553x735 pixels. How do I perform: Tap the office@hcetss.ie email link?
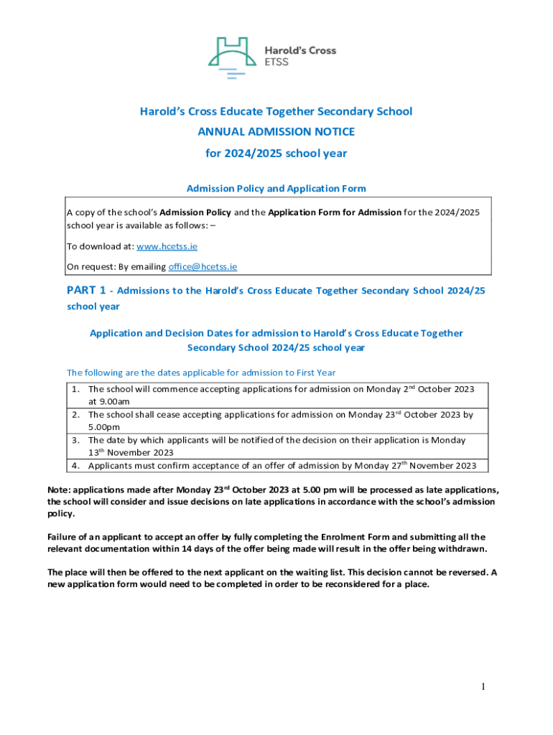tap(203, 266)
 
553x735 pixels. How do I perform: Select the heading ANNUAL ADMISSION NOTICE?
tap(276, 132)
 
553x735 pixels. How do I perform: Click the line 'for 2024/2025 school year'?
tap(276, 153)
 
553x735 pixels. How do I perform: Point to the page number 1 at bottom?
tap(484, 687)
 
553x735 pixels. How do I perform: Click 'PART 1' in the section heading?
tap(86, 291)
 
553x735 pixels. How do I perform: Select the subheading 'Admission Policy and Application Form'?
tap(276, 189)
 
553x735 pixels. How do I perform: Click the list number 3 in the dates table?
tap(75, 440)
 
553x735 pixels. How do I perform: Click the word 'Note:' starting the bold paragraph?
tap(60, 490)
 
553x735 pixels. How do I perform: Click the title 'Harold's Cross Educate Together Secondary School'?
tap(276, 111)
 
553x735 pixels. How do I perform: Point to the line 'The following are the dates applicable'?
tap(201, 373)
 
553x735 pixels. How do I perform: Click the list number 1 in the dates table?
tap(75, 389)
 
